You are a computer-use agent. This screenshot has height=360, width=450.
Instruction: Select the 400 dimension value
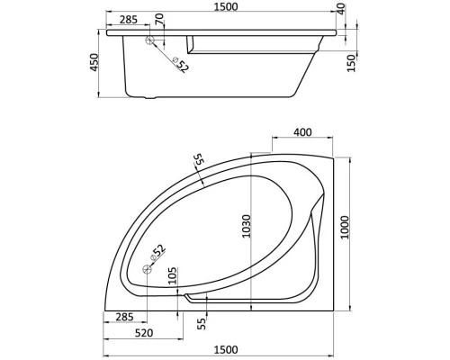coord(301,132)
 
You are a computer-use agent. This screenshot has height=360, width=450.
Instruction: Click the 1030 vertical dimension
coord(258,231)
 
